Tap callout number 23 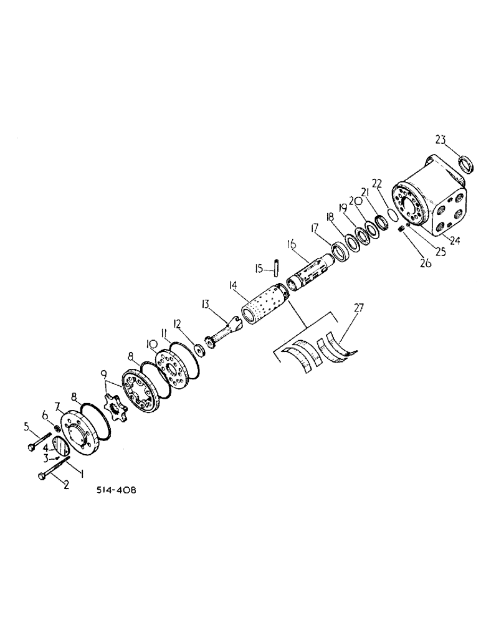click(441, 140)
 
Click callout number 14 click(233, 286)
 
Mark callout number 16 click(290, 244)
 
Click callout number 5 click(27, 426)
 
